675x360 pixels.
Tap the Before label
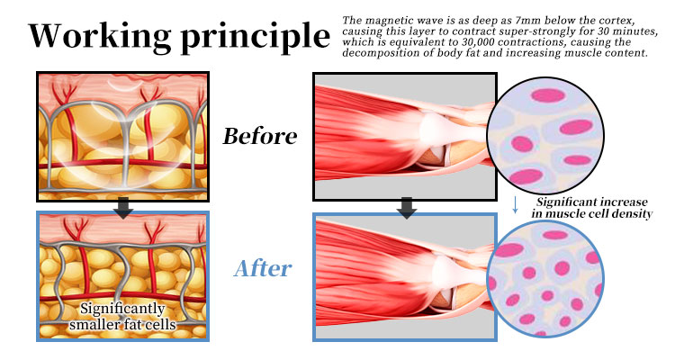[260, 137]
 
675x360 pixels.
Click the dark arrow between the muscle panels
[407, 208]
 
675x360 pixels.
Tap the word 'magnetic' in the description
[388, 19]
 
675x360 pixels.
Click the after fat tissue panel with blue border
[122, 275]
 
